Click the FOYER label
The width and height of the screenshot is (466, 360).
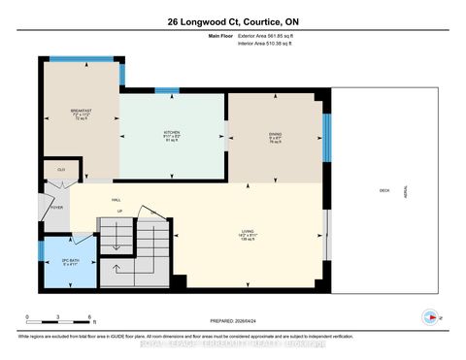coord(56,207)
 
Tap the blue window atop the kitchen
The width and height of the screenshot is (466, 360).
coord(167,90)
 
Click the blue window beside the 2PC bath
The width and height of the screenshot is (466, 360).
coord(42,251)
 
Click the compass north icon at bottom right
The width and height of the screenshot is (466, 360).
coord(429,315)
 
